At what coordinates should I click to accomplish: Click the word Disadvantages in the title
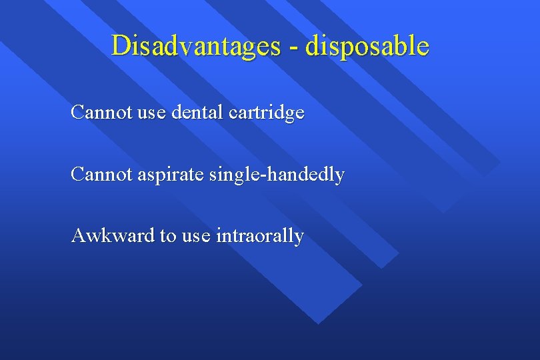(x=196, y=46)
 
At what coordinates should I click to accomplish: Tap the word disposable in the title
(x=367, y=46)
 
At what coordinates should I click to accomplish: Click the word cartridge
(x=267, y=113)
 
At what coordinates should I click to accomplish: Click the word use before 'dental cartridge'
(x=152, y=113)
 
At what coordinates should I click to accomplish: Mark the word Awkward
(x=112, y=235)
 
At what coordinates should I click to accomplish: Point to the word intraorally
(x=260, y=236)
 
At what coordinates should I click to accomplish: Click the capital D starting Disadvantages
(x=120, y=45)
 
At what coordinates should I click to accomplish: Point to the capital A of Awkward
(x=78, y=235)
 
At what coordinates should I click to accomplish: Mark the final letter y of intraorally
(x=299, y=238)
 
